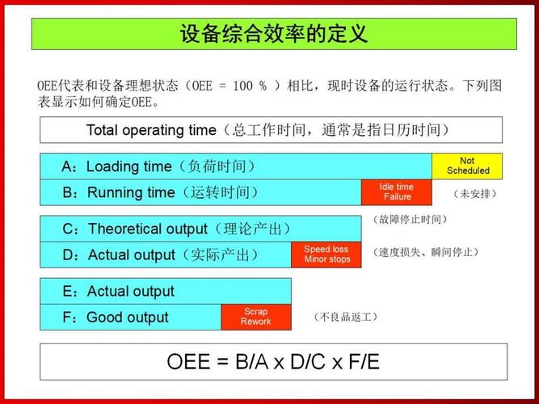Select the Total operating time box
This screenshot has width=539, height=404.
[271, 130]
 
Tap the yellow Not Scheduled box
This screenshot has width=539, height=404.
[466, 166]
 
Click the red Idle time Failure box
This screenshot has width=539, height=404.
[396, 192]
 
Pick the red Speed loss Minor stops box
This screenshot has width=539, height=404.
[326, 255]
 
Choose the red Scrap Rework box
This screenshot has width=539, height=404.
[255, 317]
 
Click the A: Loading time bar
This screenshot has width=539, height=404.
[235, 166]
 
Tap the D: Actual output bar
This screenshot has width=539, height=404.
[166, 255]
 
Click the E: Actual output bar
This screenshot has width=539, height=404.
[166, 291]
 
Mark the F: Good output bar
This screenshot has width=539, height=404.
[130, 317]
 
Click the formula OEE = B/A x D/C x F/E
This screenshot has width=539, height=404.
[273, 361]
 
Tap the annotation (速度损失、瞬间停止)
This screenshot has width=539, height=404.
[426, 253]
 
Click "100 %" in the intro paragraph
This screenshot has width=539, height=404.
[250, 86]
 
